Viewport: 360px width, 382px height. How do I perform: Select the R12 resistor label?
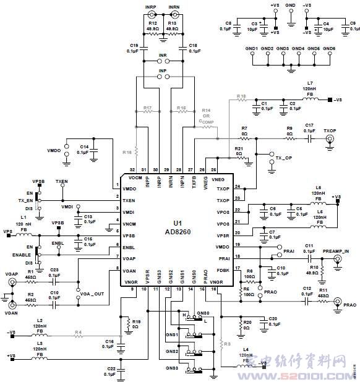pos(152,23)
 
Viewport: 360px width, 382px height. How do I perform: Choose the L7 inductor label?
pos(310,83)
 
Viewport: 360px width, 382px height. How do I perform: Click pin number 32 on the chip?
pos(131,169)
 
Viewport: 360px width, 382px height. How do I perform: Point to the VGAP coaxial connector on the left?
pos(11,282)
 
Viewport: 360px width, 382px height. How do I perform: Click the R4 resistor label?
pos(79,333)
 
